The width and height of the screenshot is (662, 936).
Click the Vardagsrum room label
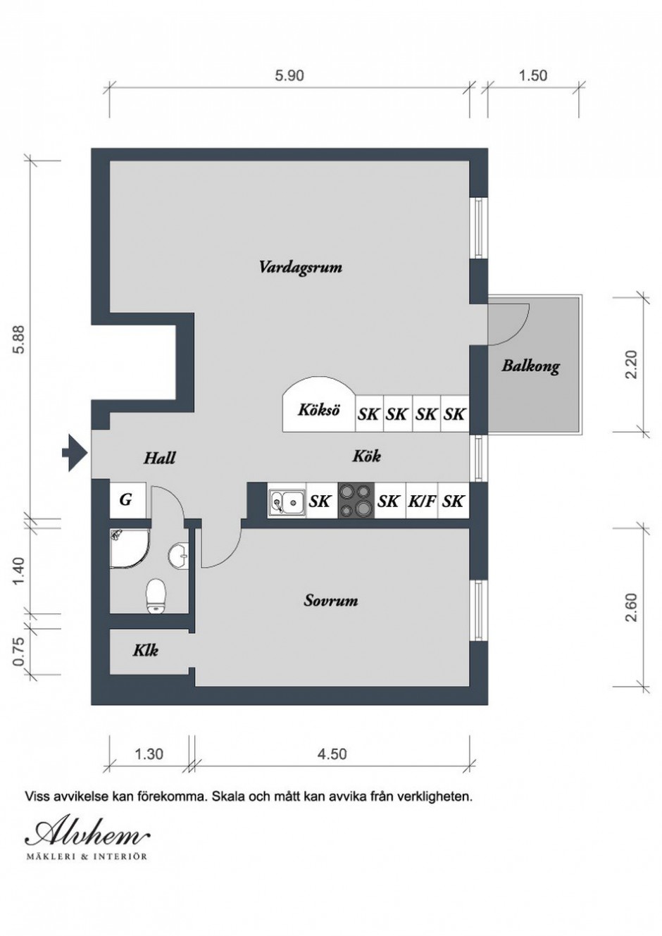point(301,268)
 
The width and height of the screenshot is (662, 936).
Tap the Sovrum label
point(330,601)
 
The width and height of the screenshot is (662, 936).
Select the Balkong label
point(531,366)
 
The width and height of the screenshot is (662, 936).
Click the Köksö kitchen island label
point(318,409)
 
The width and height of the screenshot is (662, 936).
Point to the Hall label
point(159,458)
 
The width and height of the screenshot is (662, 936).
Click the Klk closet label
point(146,650)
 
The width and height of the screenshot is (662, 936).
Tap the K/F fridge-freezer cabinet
point(421,501)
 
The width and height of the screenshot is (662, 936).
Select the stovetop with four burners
point(356,501)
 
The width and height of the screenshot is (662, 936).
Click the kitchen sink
point(287,501)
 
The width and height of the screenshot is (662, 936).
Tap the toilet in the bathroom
point(156,596)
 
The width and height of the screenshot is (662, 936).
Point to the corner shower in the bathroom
point(129,548)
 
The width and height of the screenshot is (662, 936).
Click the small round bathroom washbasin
point(178,556)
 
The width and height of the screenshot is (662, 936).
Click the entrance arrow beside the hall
point(75,452)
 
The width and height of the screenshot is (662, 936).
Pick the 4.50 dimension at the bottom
point(332,754)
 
